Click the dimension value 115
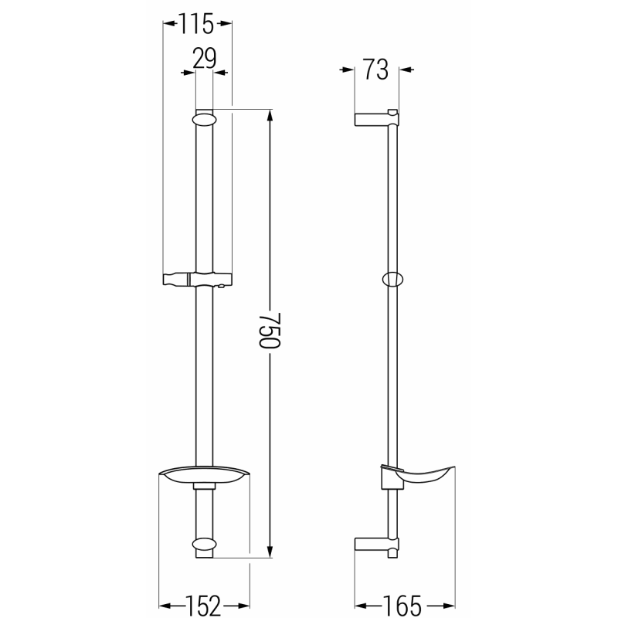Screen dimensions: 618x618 (197, 25)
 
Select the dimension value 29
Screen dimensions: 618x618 (203, 59)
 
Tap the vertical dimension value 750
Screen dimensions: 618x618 (266, 331)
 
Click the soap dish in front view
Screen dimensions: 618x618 (203, 477)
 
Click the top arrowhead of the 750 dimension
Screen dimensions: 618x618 (270, 114)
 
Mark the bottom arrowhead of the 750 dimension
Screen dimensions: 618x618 (270, 552)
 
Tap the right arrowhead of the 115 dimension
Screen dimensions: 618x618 (226, 24)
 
